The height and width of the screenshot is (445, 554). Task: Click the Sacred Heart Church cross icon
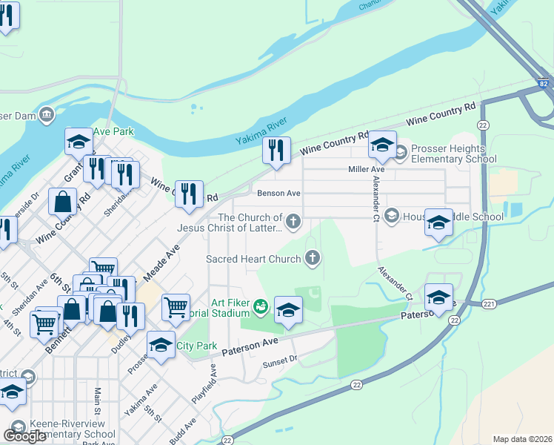[313, 259]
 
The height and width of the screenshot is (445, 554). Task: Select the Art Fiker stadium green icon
[260, 305]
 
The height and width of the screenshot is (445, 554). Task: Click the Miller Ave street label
[367, 170]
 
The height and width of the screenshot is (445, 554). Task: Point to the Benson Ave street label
[278, 193]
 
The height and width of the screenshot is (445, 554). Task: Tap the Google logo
[25, 435]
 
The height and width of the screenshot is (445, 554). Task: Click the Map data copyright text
[521, 439]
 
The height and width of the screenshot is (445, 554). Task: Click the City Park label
[196, 346]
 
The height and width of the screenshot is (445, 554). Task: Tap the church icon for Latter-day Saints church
[294, 220]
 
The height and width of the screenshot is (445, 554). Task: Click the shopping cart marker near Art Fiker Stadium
[176, 306]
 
